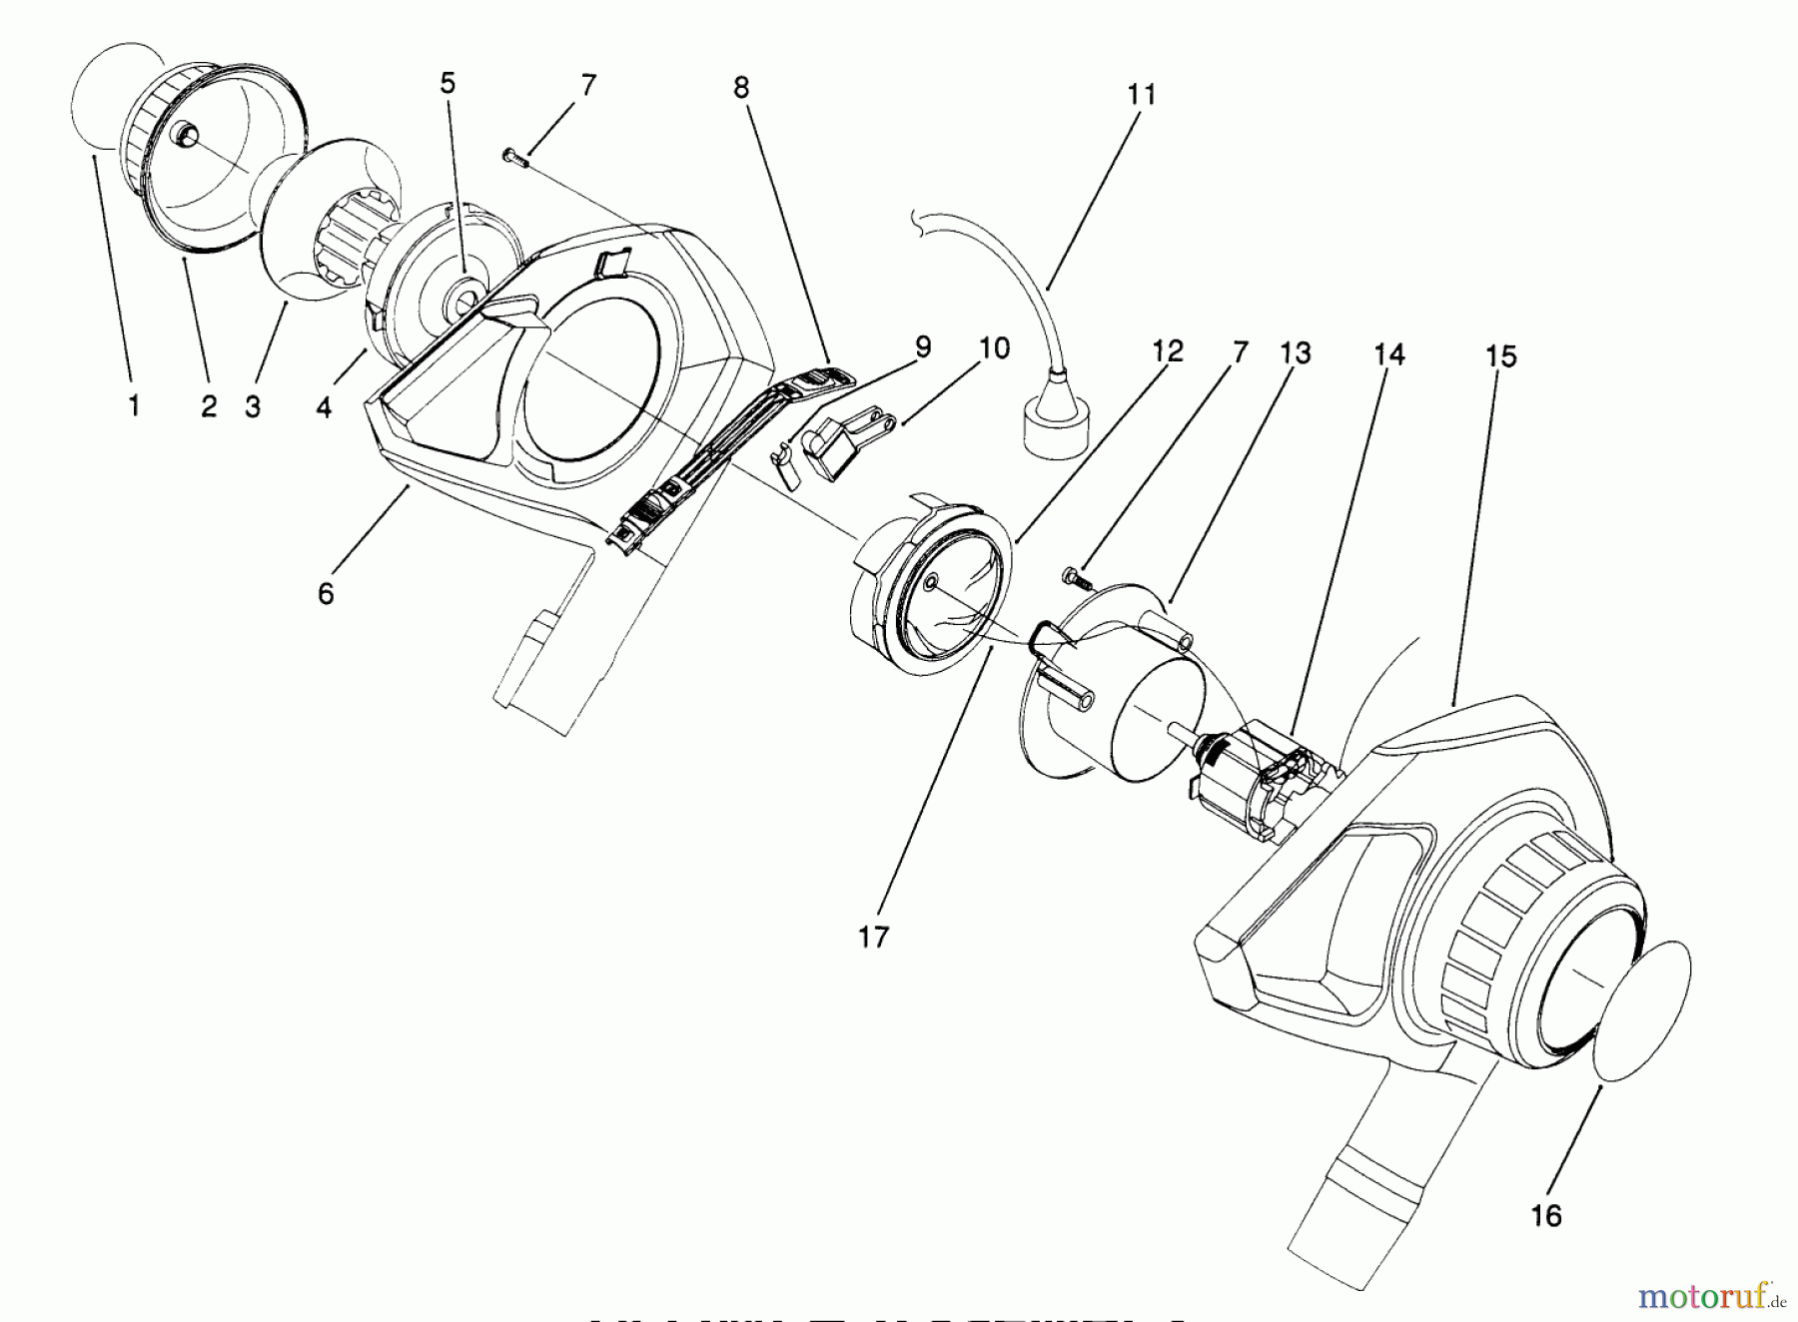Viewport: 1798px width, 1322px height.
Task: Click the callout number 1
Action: pos(134,406)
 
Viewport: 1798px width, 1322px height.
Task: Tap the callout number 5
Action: pos(448,83)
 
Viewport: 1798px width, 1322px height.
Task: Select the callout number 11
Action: pos(1142,95)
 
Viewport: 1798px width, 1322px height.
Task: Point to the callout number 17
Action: pos(872,937)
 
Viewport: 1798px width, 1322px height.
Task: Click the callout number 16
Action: pos(1545,1216)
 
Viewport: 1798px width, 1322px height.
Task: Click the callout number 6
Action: pos(326,593)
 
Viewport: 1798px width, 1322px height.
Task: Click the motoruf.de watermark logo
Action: pos(1710,1297)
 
